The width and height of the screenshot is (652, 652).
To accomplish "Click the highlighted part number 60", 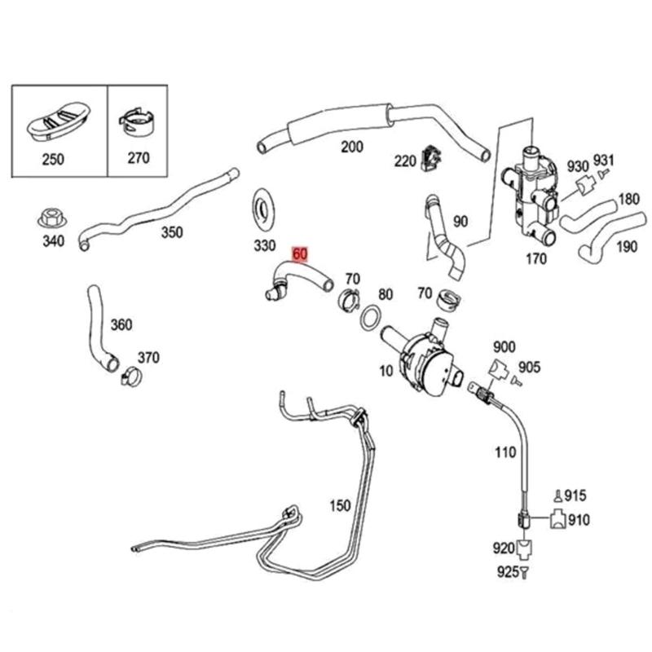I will [x=300, y=254].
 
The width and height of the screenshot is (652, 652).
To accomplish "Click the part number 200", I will [x=351, y=148].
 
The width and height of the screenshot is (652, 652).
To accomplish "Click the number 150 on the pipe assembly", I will [x=339, y=504].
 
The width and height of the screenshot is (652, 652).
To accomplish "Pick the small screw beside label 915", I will [x=557, y=495].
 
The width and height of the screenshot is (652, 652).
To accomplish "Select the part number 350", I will [x=172, y=231].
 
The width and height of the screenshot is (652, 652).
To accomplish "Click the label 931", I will [x=603, y=159].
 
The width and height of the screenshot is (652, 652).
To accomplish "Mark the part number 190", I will [x=627, y=247].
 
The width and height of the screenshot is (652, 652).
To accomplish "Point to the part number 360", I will [x=121, y=325].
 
